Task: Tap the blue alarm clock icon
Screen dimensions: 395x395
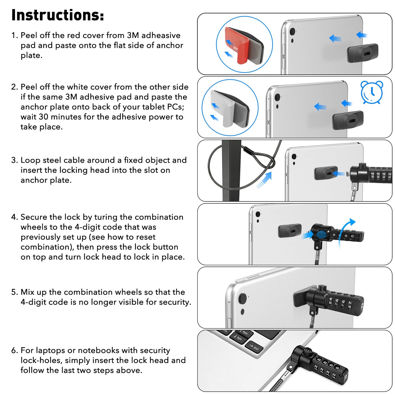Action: point(372,92)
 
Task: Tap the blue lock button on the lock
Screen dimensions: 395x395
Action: point(321,234)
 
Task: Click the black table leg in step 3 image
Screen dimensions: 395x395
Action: point(230,171)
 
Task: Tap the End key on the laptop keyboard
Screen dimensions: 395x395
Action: point(254,347)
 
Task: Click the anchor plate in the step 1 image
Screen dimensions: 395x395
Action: point(362,53)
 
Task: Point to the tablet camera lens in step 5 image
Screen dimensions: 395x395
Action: point(242,298)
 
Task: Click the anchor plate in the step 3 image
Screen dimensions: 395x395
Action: point(326,173)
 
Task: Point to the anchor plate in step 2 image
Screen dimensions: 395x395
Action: point(348,120)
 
